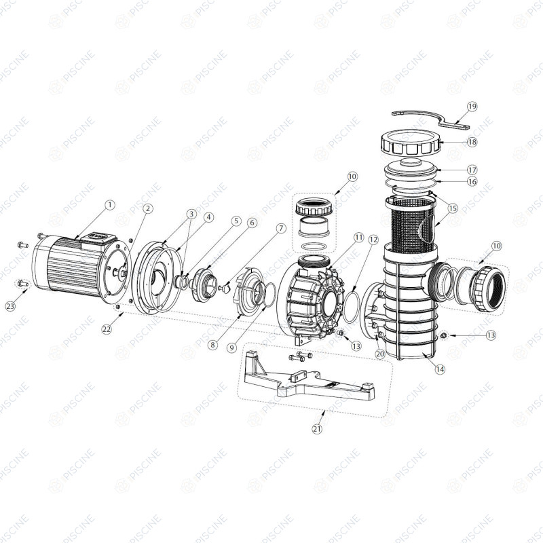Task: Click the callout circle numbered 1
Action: coord(110,205)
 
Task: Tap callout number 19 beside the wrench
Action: coord(472,107)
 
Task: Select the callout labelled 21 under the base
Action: coord(317,429)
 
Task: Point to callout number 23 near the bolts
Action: coord(11,306)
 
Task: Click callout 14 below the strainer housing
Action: coord(440,369)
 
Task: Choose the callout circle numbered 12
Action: coord(373,240)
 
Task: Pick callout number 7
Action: coord(281,229)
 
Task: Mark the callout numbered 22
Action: coord(107,329)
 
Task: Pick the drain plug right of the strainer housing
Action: coord(443,335)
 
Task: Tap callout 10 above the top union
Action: coord(352,176)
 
